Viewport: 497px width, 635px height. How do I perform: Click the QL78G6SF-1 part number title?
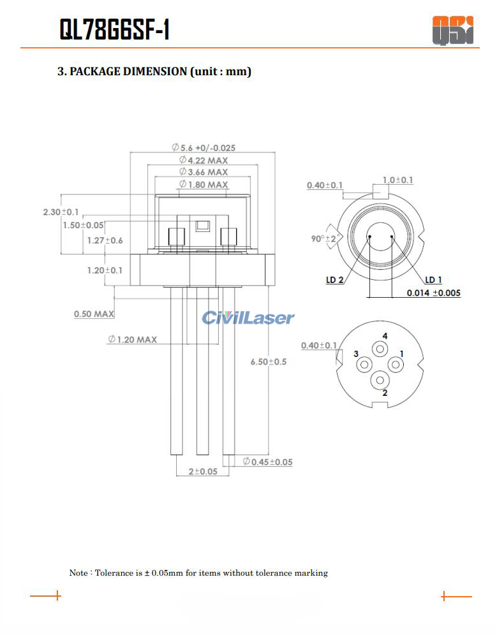point(114,29)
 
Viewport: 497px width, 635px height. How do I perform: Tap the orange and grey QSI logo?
point(452,30)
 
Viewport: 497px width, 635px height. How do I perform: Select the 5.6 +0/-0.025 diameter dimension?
point(204,147)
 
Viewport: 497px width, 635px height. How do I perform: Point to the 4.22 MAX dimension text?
point(204,160)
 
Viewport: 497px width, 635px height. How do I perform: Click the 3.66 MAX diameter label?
point(204,172)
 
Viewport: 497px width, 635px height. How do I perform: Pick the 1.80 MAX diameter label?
point(204,184)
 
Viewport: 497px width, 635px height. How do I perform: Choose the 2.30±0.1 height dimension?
point(61,212)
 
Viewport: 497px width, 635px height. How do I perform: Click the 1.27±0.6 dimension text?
point(105,240)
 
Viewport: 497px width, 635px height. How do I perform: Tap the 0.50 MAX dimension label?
point(94,314)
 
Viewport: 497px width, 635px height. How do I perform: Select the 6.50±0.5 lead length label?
point(269,361)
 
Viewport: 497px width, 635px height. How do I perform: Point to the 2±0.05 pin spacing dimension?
point(203,471)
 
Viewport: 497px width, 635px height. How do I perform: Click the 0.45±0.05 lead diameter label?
point(267,462)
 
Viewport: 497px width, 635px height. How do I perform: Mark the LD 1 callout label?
point(433,280)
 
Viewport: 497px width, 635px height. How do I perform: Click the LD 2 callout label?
point(335,280)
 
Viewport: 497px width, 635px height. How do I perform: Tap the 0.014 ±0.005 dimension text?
point(434,293)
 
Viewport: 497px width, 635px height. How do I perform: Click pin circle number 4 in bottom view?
point(380,349)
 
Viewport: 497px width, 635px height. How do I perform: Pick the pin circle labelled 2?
point(380,380)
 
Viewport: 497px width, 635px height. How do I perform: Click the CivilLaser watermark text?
point(248,318)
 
